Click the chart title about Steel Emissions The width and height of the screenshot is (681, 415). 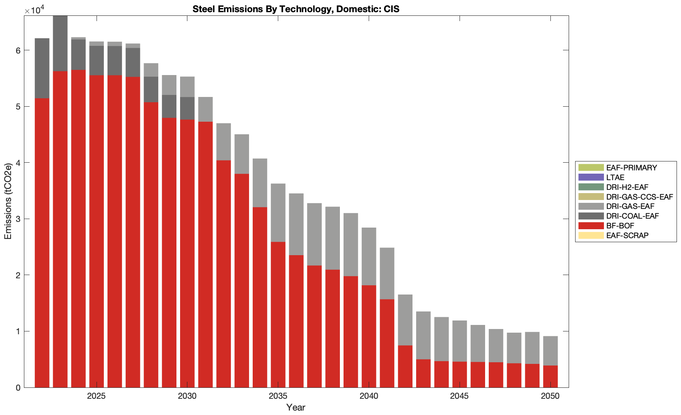tap(296, 9)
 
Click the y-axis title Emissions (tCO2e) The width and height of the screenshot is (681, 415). tap(8, 202)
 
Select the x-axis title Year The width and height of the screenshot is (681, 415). tap(296, 407)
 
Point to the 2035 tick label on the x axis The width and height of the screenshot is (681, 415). tap(278, 396)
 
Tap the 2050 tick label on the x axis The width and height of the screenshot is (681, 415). tap(550, 396)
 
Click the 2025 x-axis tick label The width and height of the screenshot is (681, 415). tap(97, 396)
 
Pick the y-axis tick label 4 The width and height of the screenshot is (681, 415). tap(18, 163)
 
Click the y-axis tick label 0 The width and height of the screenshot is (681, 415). tap(18, 388)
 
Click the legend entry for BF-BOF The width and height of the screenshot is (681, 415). tap(620, 226)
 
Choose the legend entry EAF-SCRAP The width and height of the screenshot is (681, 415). tap(627, 235)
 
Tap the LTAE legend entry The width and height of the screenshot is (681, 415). tap(615, 177)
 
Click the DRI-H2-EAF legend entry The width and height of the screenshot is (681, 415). tap(627, 187)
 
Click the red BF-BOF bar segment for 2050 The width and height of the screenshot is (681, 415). tap(550, 376)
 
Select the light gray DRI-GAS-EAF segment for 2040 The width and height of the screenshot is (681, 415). tap(369, 256)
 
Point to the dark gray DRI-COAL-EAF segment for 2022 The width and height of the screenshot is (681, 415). tap(42, 68)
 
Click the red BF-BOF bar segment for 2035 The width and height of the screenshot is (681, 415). tap(278, 314)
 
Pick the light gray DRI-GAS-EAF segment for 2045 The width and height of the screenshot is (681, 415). tap(460, 341)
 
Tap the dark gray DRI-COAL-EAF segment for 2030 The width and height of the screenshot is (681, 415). tap(187, 108)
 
